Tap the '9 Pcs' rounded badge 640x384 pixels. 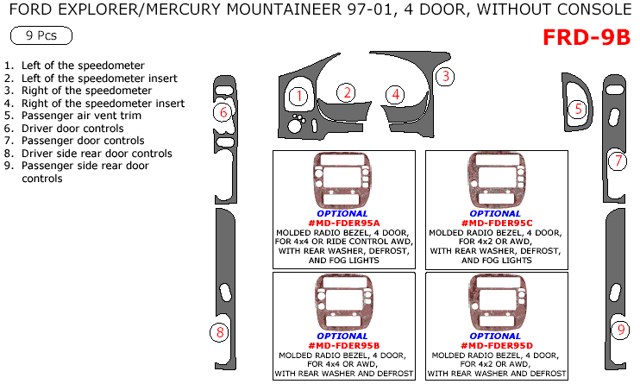tap(41, 36)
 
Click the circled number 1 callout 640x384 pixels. tap(298, 96)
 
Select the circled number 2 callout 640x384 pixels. tap(346, 92)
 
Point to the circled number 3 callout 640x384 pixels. tap(444, 76)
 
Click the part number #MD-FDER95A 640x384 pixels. tap(342, 223)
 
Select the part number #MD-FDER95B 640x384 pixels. tap(342, 345)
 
